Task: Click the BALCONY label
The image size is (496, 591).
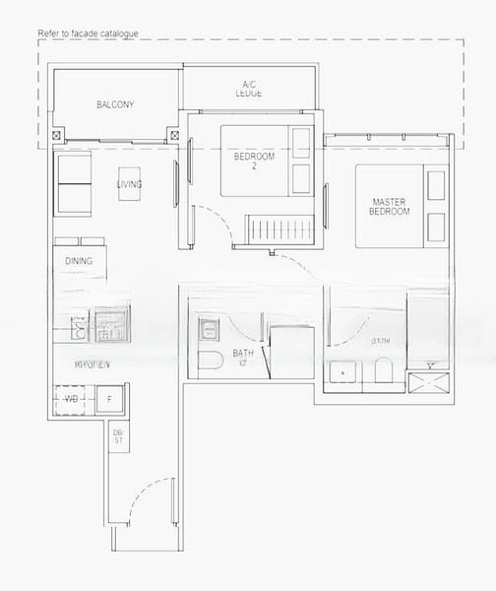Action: click(x=115, y=104)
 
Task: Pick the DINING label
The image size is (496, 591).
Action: click(x=79, y=261)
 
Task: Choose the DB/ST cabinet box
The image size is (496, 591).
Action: click(x=118, y=436)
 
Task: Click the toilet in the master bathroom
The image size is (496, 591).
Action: click(x=383, y=371)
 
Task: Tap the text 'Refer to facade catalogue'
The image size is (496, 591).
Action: click(x=88, y=33)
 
